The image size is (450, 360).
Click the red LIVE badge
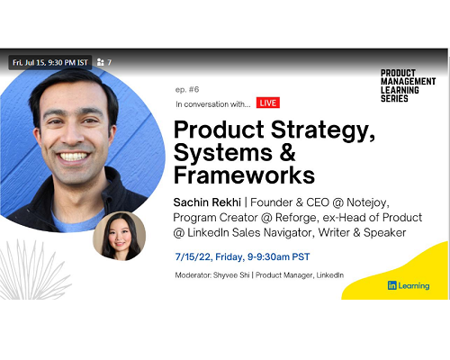268,103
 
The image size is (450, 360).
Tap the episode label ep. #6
187,89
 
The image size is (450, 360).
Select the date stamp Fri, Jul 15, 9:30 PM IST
50,62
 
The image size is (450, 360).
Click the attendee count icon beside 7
100,62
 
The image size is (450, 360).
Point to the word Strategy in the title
323,130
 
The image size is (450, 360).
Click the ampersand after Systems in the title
288,152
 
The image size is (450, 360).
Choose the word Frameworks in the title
244,175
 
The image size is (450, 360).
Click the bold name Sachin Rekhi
207,202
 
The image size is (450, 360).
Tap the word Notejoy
368,203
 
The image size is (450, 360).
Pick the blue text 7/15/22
193,257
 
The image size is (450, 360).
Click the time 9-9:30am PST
278,256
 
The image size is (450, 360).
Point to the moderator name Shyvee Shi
231,275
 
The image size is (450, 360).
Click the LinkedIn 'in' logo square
392,285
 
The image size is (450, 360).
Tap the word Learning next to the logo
414,286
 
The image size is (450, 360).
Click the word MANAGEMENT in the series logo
409,82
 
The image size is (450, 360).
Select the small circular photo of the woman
120,236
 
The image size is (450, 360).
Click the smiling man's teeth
73,157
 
